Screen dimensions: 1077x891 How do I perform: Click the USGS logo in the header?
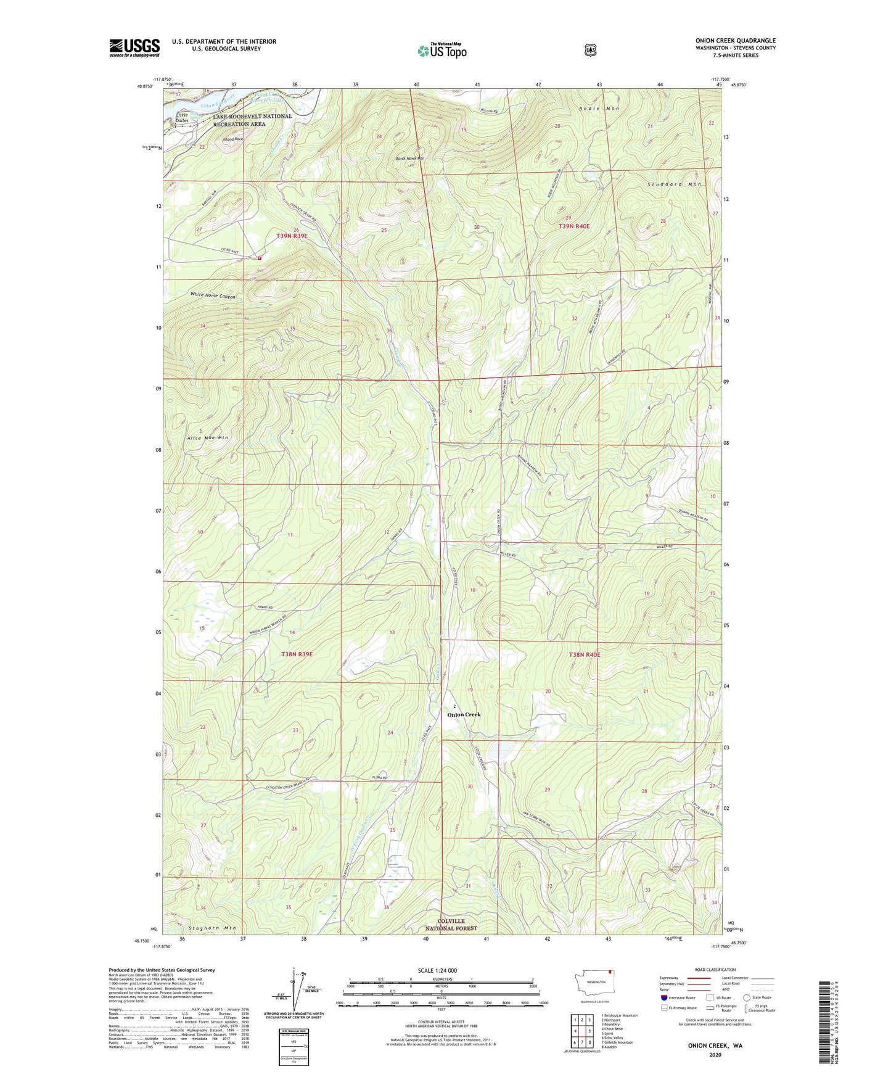click(134, 47)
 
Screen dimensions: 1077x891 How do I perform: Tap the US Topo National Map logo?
click(441, 51)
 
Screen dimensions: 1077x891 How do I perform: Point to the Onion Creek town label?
click(463, 714)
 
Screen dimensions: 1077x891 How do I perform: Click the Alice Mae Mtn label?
click(208, 437)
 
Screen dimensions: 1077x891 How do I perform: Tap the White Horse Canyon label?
click(213, 296)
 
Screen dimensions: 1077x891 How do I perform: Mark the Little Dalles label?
click(182, 117)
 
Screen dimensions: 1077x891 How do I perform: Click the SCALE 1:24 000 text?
click(437, 970)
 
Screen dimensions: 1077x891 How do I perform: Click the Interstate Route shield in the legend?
click(663, 997)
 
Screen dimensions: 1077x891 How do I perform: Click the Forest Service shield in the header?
click(591, 49)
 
